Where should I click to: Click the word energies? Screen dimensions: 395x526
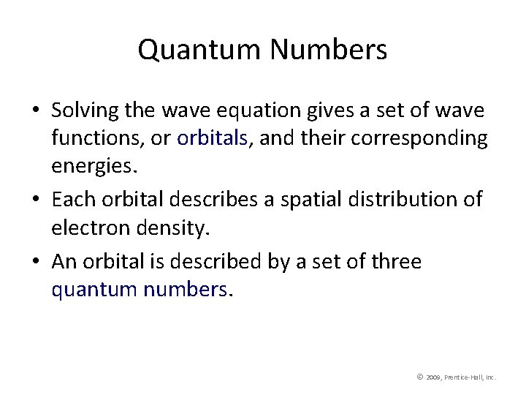[x=93, y=168]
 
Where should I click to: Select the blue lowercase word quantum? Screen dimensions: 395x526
[x=95, y=290]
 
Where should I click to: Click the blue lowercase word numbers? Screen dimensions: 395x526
[x=188, y=290]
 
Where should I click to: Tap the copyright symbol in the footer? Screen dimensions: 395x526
[x=420, y=377]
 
